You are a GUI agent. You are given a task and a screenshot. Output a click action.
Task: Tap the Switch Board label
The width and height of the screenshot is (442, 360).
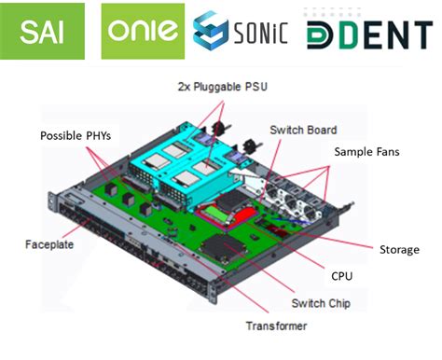pyautogui.click(x=303, y=130)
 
